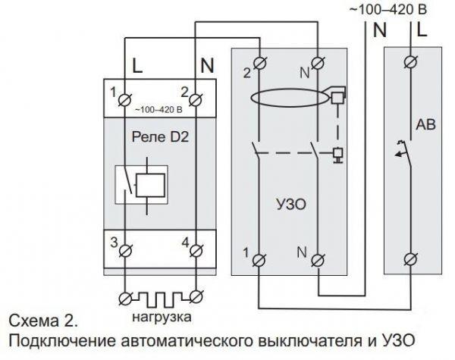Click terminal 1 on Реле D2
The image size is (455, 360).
[x=125, y=100]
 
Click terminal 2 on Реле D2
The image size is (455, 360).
[x=196, y=100]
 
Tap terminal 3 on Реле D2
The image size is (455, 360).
[x=125, y=251]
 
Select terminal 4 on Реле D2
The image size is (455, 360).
[x=196, y=251]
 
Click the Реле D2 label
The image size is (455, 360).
[x=160, y=137]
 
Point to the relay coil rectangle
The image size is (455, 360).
[x=151, y=186]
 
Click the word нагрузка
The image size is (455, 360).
[x=162, y=317]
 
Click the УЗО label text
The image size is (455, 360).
[x=291, y=205]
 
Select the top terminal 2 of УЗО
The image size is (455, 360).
[x=260, y=63]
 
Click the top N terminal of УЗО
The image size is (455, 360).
[x=318, y=63]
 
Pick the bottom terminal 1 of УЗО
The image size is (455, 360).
[x=259, y=260]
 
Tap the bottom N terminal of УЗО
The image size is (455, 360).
[x=318, y=260]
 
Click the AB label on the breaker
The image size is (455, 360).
[x=425, y=125]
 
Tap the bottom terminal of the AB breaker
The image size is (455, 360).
[x=411, y=258]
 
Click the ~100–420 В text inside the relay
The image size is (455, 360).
[x=158, y=110]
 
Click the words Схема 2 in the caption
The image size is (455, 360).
[x=43, y=321]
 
